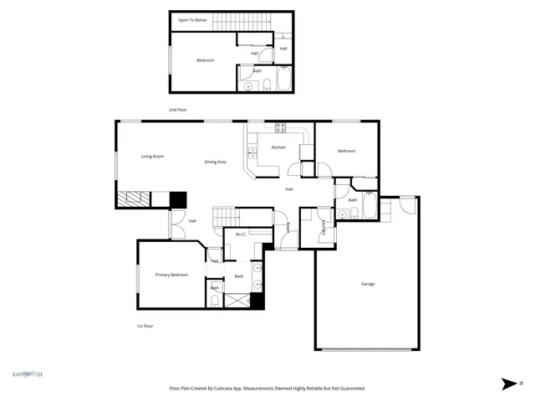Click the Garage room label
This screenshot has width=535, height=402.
point(368,284)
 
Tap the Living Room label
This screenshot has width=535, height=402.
point(152,157)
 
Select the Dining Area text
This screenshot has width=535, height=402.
point(216,162)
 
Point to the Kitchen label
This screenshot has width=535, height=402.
point(278,147)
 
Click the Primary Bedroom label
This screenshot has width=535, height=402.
point(171,275)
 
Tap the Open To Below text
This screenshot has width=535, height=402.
point(192,19)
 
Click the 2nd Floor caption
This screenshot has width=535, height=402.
point(177,110)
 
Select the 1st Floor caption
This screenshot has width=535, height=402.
point(145,326)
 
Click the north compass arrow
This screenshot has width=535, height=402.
point(507,384)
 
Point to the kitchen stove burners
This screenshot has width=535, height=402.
point(280,128)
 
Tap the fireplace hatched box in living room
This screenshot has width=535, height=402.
point(133,199)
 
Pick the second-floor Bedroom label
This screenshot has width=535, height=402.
point(206,60)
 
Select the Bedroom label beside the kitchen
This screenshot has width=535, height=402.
point(346,151)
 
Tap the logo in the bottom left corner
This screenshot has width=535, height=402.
point(27,374)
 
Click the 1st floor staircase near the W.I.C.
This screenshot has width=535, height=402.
point(223,215)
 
